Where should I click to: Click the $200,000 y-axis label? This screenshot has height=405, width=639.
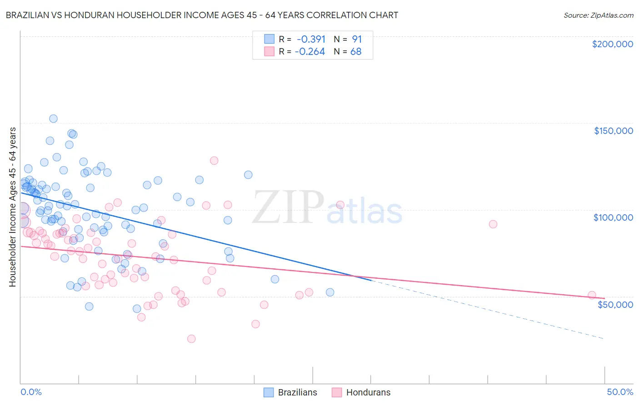click(612, 44)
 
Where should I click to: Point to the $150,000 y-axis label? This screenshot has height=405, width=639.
click(613, 131)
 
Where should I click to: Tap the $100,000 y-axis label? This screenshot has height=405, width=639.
click(613, 217)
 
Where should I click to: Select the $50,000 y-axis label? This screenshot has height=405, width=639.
click(615, 304)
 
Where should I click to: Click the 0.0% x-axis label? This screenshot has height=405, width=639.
click(31, 392)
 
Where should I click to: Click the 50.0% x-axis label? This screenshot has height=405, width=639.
click(620, 392)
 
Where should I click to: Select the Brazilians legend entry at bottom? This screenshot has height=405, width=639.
click(290, 392)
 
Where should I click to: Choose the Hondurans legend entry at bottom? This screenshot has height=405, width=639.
click(361, 392)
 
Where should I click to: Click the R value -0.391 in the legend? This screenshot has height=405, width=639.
click(311, 39)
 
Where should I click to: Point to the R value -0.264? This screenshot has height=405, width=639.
click(310, 52)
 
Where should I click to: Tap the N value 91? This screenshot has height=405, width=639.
click(357, 39)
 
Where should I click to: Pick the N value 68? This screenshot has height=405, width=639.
click(356, 52)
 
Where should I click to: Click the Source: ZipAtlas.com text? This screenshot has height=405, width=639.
click(598, 15)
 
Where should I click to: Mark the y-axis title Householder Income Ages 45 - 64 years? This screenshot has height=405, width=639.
click(12, 207)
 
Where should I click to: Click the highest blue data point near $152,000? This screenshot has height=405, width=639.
click(53, 119)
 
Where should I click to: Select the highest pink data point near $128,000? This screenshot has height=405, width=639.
click(214, 161)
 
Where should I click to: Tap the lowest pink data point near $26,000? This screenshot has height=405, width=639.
click(191, 339)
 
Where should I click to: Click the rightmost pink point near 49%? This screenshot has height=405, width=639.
click(592, 295)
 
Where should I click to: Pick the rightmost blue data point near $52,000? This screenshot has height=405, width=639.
click(330, 292)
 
